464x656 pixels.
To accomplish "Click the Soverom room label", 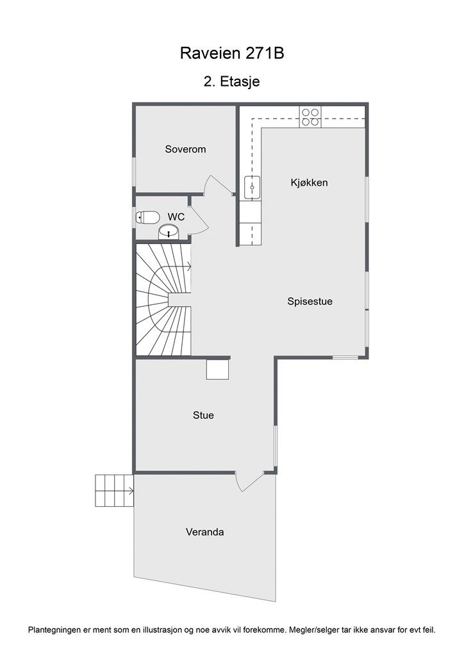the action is pyautogui.click(x=185, y=149).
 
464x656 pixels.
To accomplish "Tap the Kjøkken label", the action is pyautogui.click(x=309, y=183).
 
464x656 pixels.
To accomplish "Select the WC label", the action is pyautogui.click(x=176, y=217).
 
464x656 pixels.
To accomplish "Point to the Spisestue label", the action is pyautogui.click(x=310, y=301).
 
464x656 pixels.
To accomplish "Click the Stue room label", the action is pyautogui.click(x=203, y=415).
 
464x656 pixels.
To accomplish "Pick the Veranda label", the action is pyautogui.click(x=204, y=532).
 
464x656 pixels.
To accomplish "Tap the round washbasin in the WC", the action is pyautogui.click(x=169, y=232).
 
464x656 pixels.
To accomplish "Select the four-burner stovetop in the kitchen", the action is pyautogui.click(x=310, y=118).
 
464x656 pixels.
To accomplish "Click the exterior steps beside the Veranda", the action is pyautogui.click(x=114, y=491).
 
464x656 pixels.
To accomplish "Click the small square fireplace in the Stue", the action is pyautogui.click(x=217, y=370).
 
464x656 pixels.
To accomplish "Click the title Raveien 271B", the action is pyautogui.click(x=232, y=53).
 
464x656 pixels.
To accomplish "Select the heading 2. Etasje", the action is pyautogui.click(x=232, y=81).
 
